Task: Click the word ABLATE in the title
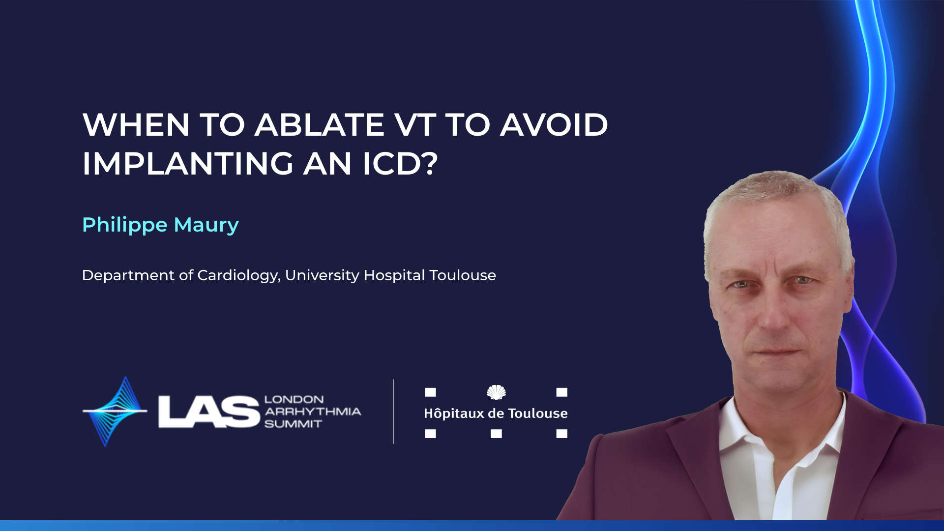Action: point(320,125)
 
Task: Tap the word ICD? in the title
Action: point(400,164)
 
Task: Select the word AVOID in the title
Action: point(554,125)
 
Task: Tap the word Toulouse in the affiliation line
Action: point(463,275)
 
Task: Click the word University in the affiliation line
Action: point(323,276)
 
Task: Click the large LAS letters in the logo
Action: point(209,412)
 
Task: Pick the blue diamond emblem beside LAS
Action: point(115,412)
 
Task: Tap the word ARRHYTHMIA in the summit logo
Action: point(313,412)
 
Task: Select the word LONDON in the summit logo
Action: point(294,399)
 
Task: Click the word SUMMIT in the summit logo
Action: point(293,424)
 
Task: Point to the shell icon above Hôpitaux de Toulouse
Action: point(496,392)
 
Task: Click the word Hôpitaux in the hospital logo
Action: point(454,413)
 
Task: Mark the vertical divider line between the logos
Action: point(393,412)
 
